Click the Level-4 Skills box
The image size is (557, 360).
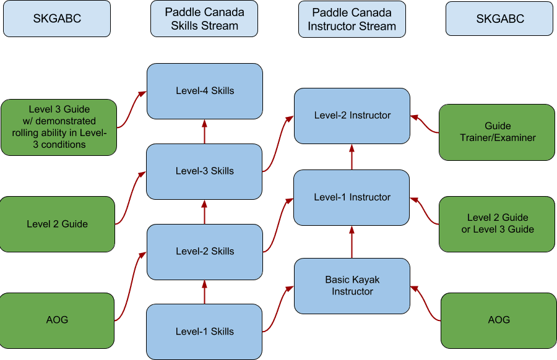(204, 91)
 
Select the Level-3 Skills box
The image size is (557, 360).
(204, 171)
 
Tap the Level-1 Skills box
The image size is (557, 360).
(204, 332)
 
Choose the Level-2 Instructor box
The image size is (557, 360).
(352, 116)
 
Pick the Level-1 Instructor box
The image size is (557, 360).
(352, 197)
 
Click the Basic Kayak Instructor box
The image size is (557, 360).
(352, 286)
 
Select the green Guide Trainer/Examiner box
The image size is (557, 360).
(497, 132)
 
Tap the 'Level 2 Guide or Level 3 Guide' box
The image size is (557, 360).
(497, 223)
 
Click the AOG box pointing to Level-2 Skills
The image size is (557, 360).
(57, 320)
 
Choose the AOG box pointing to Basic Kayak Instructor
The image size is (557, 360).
(498, 320)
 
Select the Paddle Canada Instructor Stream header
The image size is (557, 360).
(352, 19)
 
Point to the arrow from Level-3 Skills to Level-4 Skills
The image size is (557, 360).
(204, 131)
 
